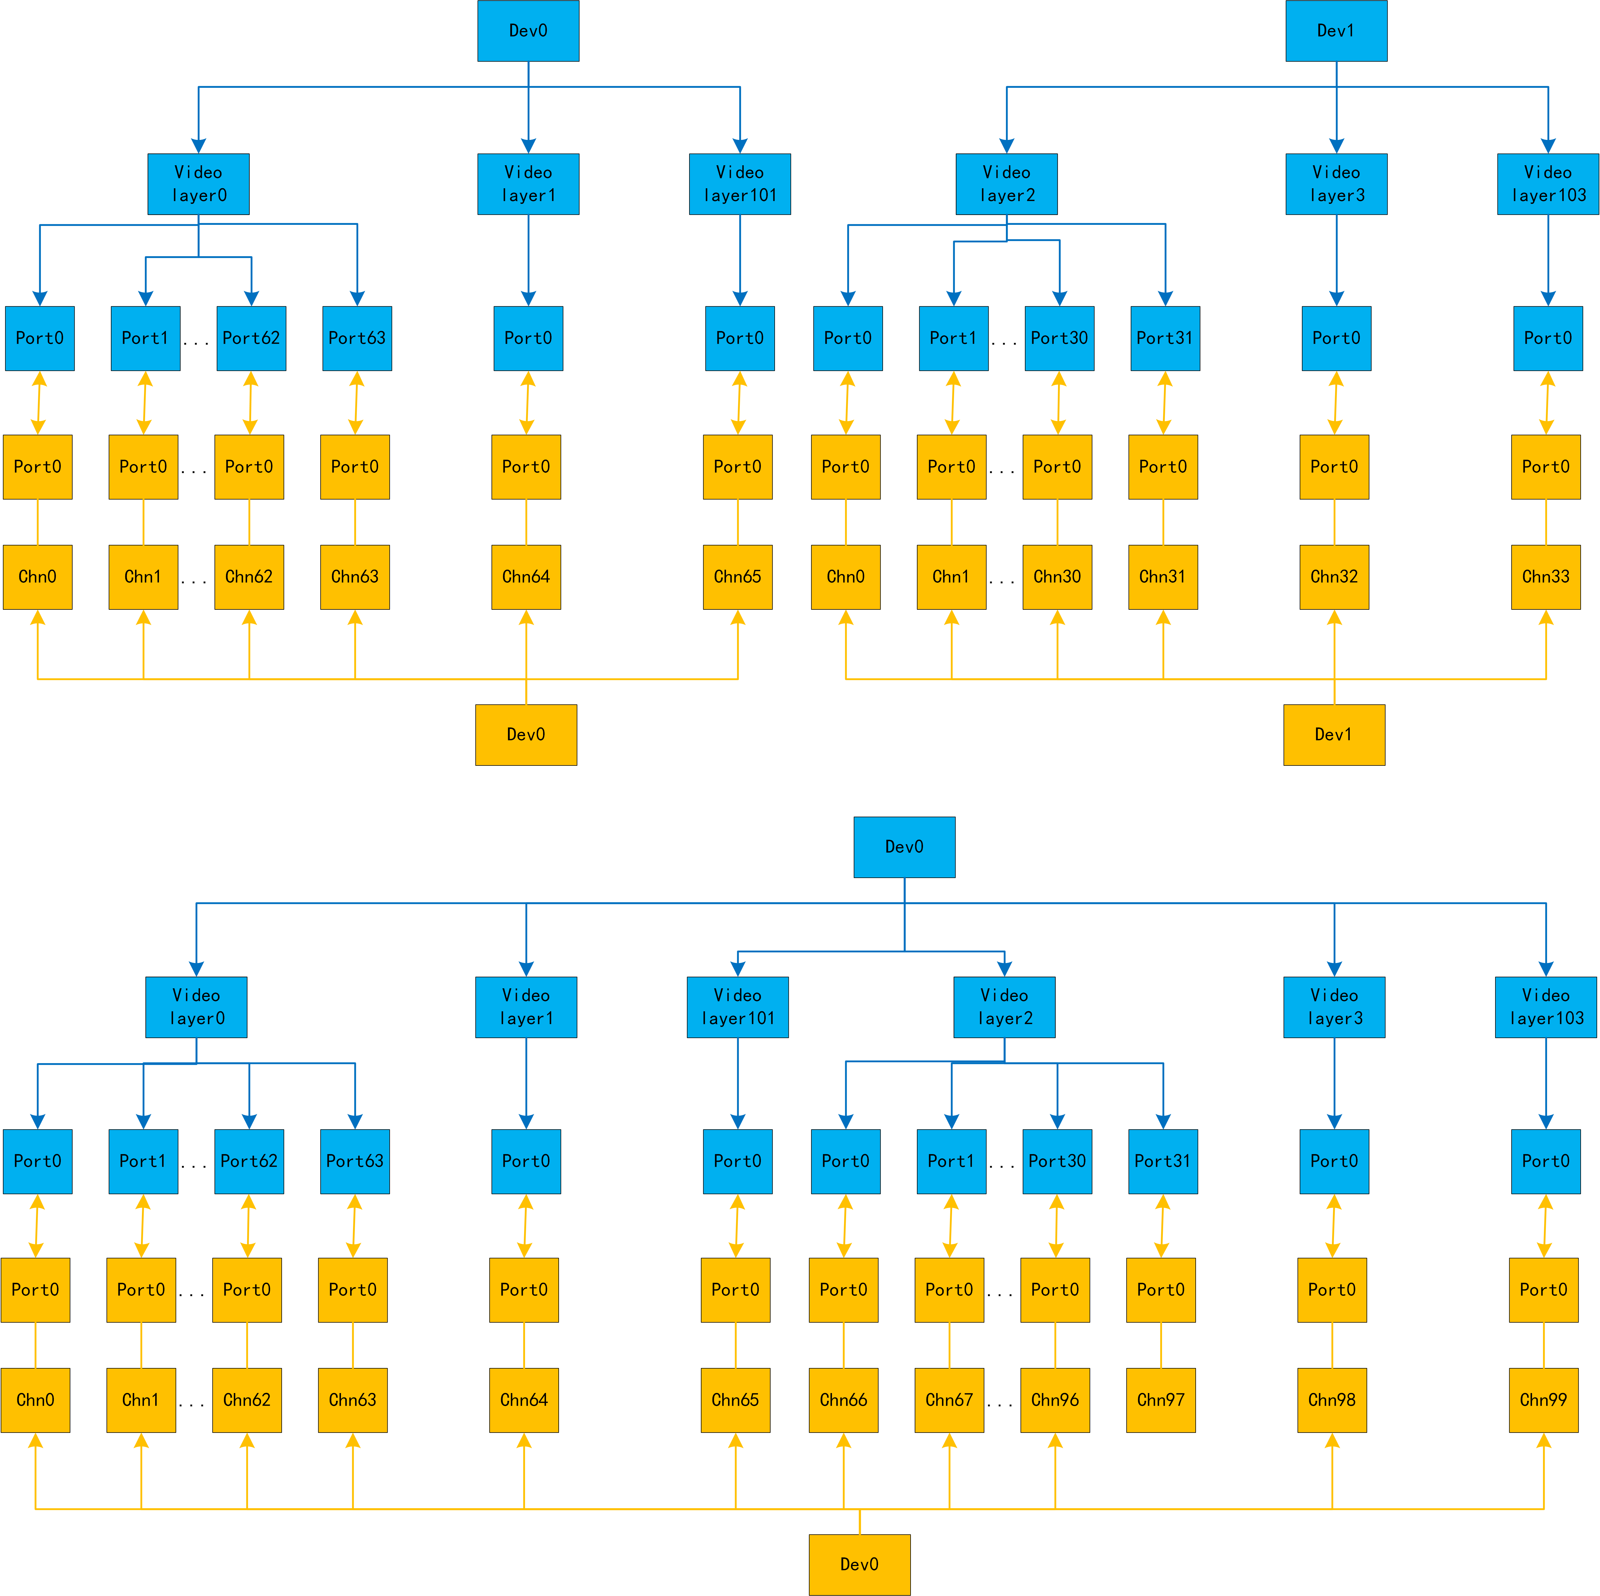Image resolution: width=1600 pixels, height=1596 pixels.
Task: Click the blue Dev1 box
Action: [1336, 31]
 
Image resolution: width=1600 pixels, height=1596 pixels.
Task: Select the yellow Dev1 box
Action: [1333, 734]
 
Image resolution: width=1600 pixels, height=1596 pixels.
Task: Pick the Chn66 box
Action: [843, 1400]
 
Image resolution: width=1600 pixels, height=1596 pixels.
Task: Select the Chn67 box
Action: [949, 1400]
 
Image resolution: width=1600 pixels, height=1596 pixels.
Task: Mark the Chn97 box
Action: [1160, 1400]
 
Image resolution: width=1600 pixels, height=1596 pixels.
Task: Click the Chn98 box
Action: [1332, 1400]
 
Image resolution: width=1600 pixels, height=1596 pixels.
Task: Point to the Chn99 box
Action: [1544, 1400]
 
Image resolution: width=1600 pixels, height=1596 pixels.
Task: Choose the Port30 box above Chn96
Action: [1057, 1161]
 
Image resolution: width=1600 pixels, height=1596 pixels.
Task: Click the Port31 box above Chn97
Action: [1163, 1161]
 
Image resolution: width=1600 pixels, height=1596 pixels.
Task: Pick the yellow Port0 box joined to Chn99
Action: [1544, 1290]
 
